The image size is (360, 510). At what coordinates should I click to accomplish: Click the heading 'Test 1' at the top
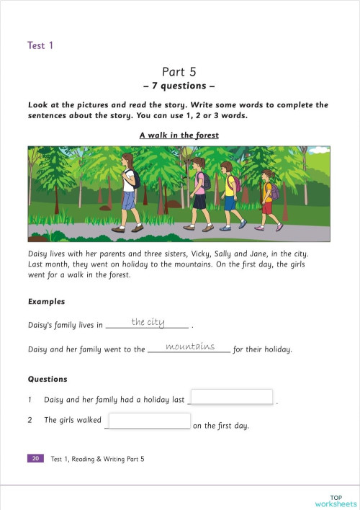tap(40, 45)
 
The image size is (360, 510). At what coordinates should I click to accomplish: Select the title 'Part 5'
tap(179, 71)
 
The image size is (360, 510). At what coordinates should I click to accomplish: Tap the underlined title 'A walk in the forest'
tap(179, 135)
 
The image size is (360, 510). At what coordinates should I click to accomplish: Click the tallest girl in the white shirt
tap(129, 192)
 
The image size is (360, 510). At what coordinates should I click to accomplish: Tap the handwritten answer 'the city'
tap(148, 322)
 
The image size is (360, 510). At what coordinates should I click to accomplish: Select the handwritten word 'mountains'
tap(190, 346)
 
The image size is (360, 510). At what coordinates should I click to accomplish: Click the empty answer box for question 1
tap(231, 397)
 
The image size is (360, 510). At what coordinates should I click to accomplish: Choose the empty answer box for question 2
tap(150, 421)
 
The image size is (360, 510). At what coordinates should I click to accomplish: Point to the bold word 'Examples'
tap(46, 302)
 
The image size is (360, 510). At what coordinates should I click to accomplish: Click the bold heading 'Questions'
tap(48, 379)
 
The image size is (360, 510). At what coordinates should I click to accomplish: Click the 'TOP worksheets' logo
tap(335, 500)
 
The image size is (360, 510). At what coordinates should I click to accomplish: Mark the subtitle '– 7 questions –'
tap(179, 86)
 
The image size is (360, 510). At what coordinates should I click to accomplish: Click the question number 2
tap(30, 420)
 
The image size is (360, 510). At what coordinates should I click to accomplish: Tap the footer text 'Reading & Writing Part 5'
tap(107, 459)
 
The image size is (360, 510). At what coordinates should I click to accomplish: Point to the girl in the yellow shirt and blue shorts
tap(229, 194)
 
